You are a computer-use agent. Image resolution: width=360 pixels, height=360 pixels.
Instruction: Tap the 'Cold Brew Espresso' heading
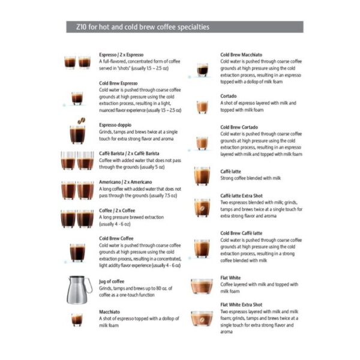[118, 83]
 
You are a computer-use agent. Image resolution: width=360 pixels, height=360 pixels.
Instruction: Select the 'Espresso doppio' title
[115, 125]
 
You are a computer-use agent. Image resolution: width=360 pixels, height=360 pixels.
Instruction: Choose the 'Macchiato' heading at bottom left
[109, 312]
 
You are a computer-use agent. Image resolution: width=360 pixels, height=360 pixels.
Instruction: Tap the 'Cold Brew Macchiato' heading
[241, 54]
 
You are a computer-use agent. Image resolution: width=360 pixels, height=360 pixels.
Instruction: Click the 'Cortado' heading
[229, 96]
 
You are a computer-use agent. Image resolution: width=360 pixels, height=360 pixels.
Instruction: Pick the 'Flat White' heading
[231, 278]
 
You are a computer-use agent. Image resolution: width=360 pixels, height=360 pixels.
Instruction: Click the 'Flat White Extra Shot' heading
[241, 305]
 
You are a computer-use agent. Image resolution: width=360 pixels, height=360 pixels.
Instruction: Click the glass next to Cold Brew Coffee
[77, 252]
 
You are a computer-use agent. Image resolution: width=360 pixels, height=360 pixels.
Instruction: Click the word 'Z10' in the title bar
[75, 28]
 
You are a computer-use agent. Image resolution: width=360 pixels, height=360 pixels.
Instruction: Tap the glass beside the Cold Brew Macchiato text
[202, 69]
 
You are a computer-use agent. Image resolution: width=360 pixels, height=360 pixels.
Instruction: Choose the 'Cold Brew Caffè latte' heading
[241, 233]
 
